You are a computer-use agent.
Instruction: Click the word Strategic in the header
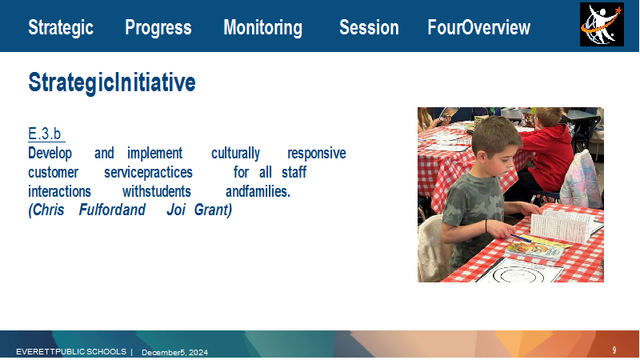[x=61, y=28]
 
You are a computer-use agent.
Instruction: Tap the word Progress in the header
[x=158, y=28]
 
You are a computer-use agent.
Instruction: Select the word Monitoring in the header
[x=263, y=28]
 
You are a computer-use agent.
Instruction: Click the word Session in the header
[x=369, y=27]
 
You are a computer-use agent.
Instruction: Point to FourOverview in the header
[x=478, y=27]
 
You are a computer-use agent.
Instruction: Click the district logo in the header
[x=602, y=25]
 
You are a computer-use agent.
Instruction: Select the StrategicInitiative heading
[x=112, y=82]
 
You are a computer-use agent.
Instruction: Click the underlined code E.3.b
[x=45, y=134]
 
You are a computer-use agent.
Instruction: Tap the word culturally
[x=235, y=154]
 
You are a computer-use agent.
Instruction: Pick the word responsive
[x=317, y=154]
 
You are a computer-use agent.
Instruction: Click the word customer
[x=53, y=172]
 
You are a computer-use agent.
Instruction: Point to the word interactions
[x=59, y=191]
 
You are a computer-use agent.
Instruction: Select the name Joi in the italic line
[x=176, y=210]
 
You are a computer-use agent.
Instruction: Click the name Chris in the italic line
[x=46, y=210]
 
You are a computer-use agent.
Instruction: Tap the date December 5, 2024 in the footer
[x=174, y=352]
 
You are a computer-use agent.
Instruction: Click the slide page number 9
[x=614, y=350]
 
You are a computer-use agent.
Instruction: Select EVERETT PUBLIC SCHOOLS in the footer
[x=71, y=351]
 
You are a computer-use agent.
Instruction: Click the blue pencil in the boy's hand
[x=522, y=238]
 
